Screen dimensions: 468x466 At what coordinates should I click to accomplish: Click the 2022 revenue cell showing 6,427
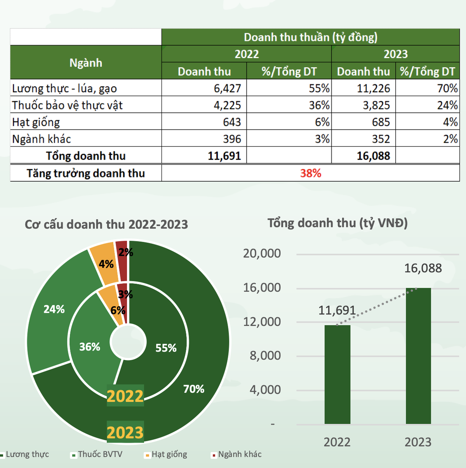(227, 88)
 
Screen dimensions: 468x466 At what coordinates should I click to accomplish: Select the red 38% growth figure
(310, 173)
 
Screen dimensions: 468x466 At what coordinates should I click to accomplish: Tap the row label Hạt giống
(36, 122)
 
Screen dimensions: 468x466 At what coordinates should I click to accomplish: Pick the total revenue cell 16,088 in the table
(373, 156)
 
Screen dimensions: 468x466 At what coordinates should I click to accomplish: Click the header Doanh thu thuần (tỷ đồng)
(310, 37)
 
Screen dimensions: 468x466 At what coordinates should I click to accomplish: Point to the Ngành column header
(86, 63)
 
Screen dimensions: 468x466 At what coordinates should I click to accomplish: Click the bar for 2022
(337, 374)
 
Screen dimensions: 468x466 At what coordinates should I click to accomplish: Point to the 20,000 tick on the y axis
(262, 253)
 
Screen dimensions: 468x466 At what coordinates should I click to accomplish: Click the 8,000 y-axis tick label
(265, 355)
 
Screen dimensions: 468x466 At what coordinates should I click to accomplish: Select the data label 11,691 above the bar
(337, 310)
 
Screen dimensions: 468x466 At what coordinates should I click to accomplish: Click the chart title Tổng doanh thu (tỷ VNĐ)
(337, 223)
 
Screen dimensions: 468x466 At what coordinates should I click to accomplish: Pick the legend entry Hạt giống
(169, 454)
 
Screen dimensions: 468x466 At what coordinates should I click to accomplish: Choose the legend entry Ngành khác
(240, 454)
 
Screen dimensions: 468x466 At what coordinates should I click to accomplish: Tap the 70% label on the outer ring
(193, 389)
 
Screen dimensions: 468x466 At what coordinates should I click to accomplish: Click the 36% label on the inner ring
(90, 347)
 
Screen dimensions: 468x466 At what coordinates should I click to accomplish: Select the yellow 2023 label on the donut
(125, 432)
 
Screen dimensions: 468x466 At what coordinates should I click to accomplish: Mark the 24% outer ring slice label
(54, 309)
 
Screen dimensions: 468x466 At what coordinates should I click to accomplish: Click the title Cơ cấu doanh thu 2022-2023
(106, 225)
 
